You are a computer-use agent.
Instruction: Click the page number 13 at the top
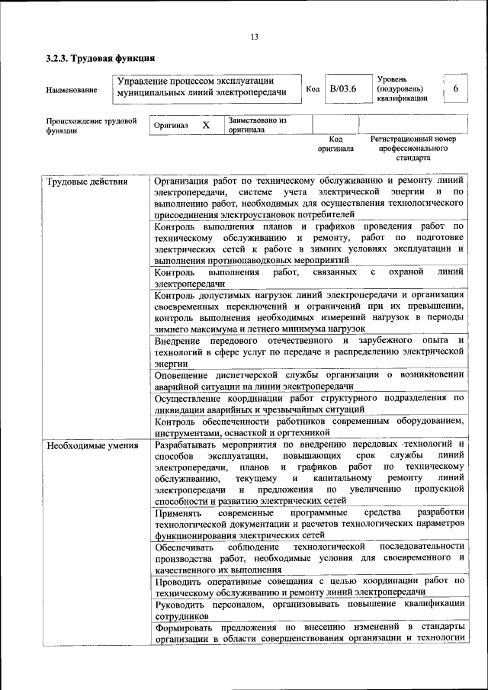click(255, 37)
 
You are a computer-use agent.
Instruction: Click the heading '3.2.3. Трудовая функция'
click(100, 58)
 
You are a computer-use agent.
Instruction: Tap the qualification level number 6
click(455, 89)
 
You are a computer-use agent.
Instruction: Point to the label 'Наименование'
click(72, 90)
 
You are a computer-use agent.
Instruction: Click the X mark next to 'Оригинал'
click(206, 125)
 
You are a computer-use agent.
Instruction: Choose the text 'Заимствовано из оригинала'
click(256, 125)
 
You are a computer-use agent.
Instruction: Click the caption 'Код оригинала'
click(335, 144)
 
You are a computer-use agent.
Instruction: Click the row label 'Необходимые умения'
click(91, 445)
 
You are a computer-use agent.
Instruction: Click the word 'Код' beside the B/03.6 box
click(313, 89)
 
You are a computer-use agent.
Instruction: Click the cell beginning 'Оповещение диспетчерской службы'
click(309, 380)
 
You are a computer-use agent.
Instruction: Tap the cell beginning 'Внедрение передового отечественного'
click(309, 351)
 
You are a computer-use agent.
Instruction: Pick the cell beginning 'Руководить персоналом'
click(309, 608)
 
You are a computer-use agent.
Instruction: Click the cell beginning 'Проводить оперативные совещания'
click(309, 586)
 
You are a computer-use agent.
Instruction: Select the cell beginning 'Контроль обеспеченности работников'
click(309, 426)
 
